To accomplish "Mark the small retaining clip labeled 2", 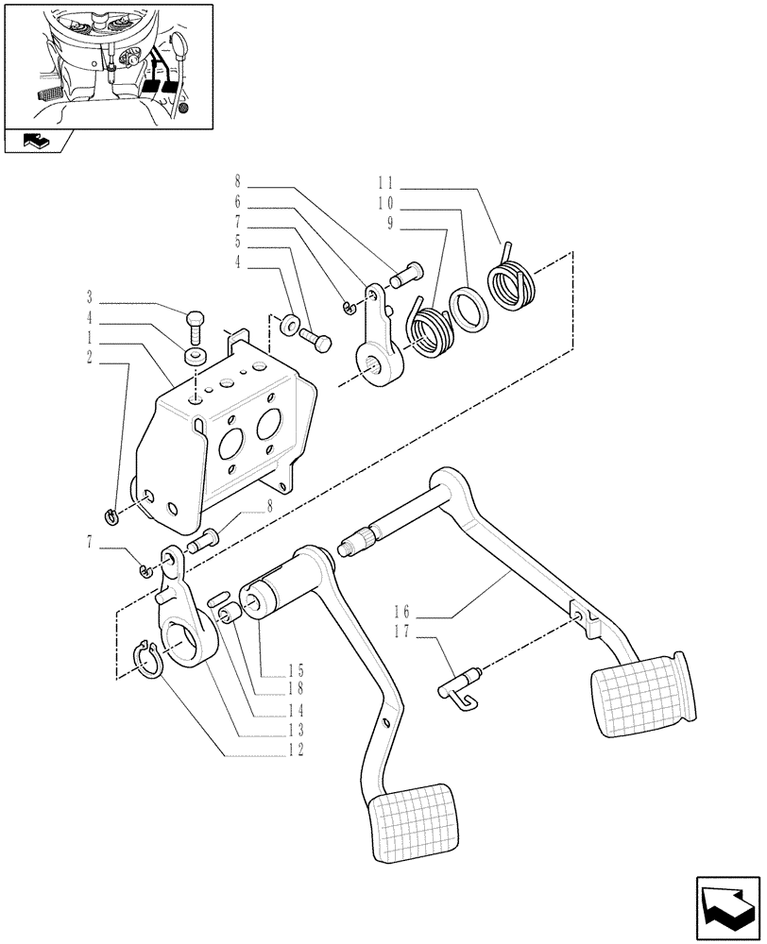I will [111, 514].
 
